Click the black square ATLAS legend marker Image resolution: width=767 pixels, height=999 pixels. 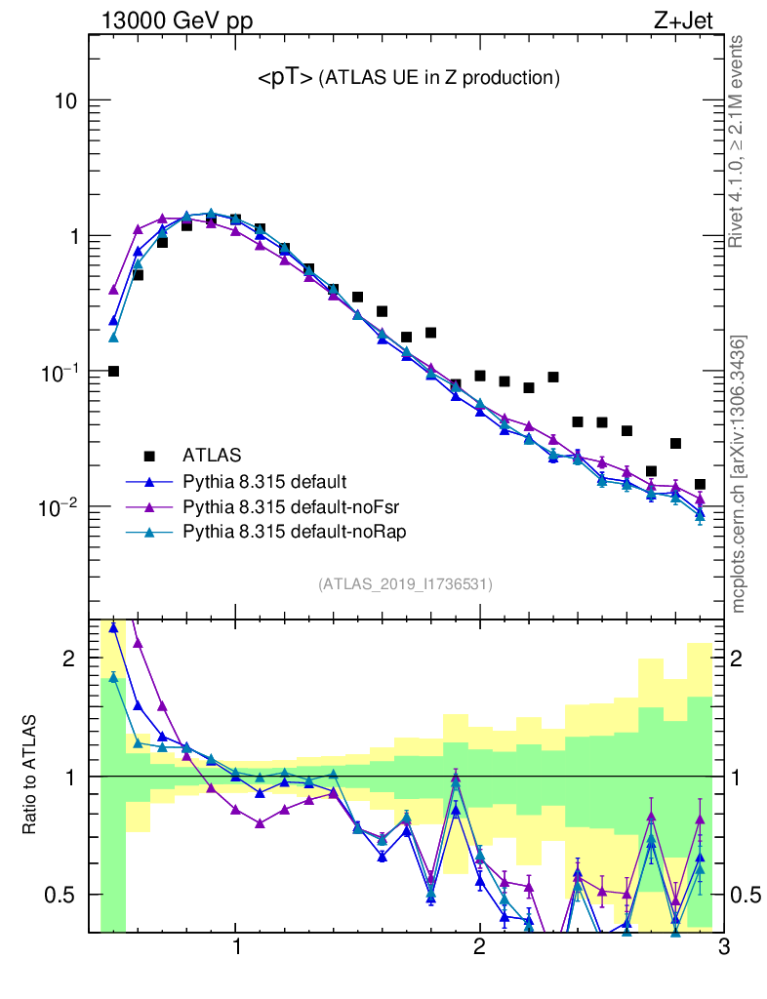pyautogui.click(x=149, y=455)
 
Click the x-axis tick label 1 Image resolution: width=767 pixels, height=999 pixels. pyautogui.click(x=236, y=948)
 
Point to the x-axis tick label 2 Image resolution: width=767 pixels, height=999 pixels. pyautogui.click(x=479, y=948)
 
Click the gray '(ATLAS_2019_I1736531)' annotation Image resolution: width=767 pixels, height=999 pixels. pyautogui.click(x=405, y=584)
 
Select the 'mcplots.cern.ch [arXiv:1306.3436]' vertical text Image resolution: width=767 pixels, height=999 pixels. pyautogui.click(x=739, y=474)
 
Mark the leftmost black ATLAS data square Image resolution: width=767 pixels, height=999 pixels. pyautogui.click(x=113, y=371)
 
